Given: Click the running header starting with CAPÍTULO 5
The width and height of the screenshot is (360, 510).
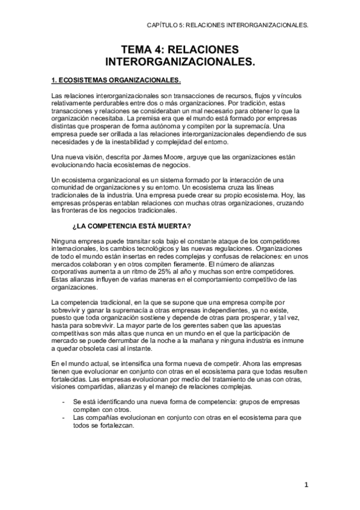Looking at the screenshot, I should tap(228, 26).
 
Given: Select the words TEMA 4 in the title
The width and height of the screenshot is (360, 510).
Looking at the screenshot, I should tap(144, 49).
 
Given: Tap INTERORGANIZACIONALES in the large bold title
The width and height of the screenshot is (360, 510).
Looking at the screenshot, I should tap(180, 61).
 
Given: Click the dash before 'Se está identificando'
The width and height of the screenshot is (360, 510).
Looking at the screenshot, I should tap(55, 400).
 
